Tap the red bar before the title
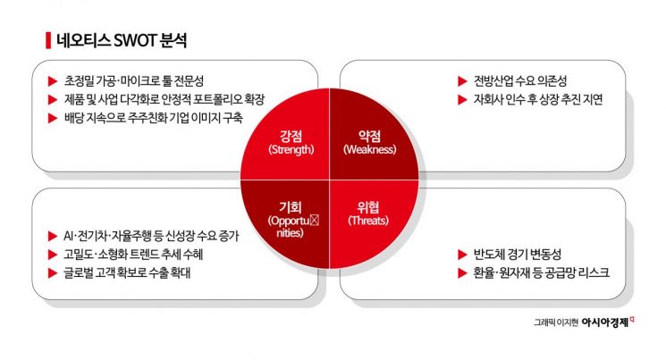46,40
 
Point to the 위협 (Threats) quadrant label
368,213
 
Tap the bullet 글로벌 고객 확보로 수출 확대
129,273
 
